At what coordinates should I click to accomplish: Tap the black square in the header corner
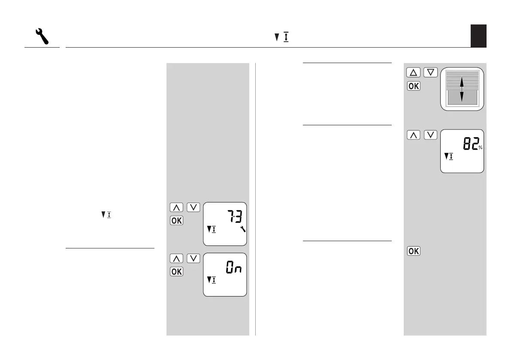click(x=478, y=36)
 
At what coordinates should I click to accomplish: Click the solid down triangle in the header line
click(x=277, y=38)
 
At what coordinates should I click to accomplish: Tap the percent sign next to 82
click(x=481, y=148)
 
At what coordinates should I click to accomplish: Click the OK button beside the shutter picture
click(x=413, y=86)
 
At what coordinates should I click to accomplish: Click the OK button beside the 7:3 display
click(x=176, y=220)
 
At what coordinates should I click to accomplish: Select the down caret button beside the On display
click(x=194, y=259)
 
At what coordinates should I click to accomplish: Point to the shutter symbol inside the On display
click(x=211, y=280)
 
